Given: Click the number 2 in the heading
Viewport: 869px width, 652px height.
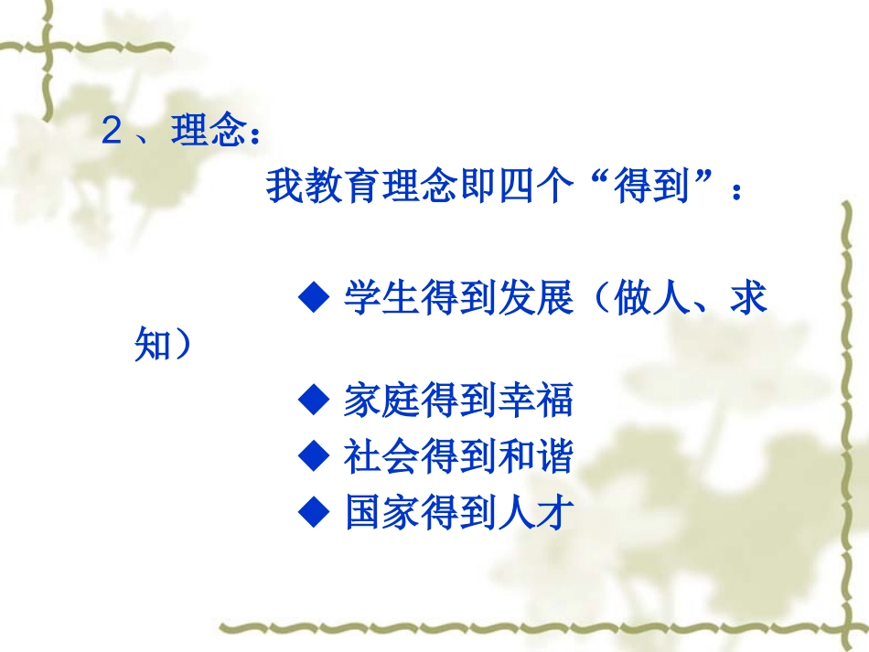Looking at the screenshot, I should click(112, 133).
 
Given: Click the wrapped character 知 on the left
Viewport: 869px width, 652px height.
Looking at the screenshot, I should click(153, 346).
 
